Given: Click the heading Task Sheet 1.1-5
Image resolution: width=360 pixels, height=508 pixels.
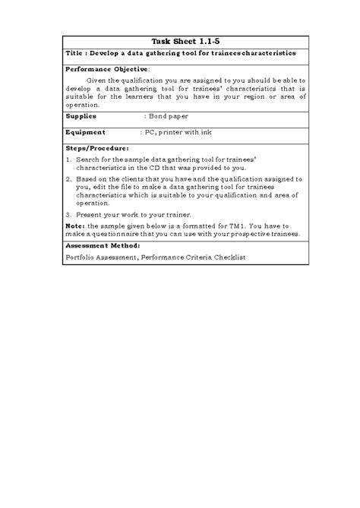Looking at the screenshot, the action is (181, 41).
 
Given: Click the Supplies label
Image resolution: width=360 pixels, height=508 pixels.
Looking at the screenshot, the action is (81, 117).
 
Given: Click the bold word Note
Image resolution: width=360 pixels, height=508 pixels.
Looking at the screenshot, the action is (75, 226).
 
